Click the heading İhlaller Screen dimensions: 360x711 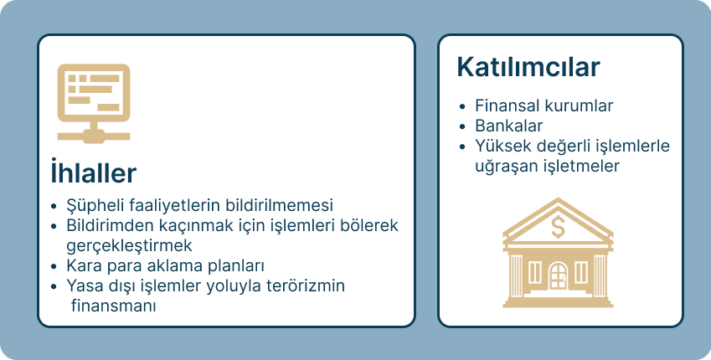(x=93, y=173)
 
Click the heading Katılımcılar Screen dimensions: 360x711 (x=528, y=67)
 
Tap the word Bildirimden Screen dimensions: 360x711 (x=106, y=226)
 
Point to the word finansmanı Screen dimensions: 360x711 (x=115, y=306)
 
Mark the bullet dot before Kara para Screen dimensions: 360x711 (x=54, y=267)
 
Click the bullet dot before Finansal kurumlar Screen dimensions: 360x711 (x=463, y=107)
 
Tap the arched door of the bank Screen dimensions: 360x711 (x=558, y=275)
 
